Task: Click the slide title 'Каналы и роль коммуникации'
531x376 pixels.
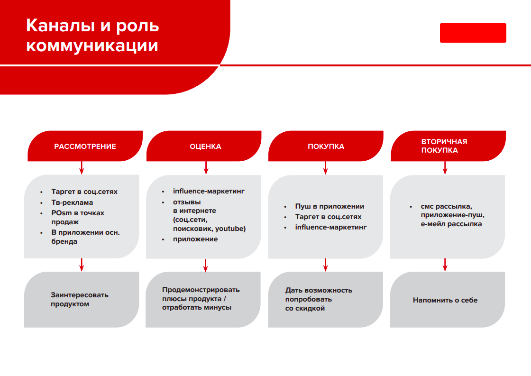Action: pyautogui.click(x=92, y=35)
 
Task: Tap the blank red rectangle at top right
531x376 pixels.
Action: pyautogui.click(x=473, y=33)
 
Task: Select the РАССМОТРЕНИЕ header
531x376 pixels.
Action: pyautogui.click(x=85, y=146)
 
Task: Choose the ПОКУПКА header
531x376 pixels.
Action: pyautogui.click(x=326, y=146)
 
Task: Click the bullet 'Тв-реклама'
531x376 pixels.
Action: pyautogui.click(x=72, y=202)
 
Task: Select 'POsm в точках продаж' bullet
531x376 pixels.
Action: pyautogui.click(x=78, y=217)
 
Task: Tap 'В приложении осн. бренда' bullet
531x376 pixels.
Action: pyautogui.click(x=85, y=237)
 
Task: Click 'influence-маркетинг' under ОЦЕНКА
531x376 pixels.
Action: pyautogui.click(x=209, y=191)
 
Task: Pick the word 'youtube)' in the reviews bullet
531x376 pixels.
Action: pyautogui.click(x=230, y=229)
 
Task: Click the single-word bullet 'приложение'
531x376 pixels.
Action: pyautogui.click(x=195, y=239)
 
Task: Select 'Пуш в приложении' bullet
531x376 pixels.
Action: pyautogui.click(x=330, y=206)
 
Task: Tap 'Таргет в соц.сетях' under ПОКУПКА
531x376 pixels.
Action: pyautogui.click(x=328, y=217)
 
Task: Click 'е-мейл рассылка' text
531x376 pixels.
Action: pyautogui.click(x=451, y=224)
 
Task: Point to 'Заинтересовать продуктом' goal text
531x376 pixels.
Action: pyautogui.click(x=80, y=300)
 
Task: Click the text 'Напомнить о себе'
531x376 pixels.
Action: pyautogui.click(x=445, y=300)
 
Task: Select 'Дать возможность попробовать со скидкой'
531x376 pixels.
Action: pyautogui.click(x=319, y=299)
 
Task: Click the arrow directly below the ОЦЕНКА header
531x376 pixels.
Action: pyautogui.click(x=206, y=168)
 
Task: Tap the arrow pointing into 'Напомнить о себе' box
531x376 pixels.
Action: pyautogui.click(x=445, y=265)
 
